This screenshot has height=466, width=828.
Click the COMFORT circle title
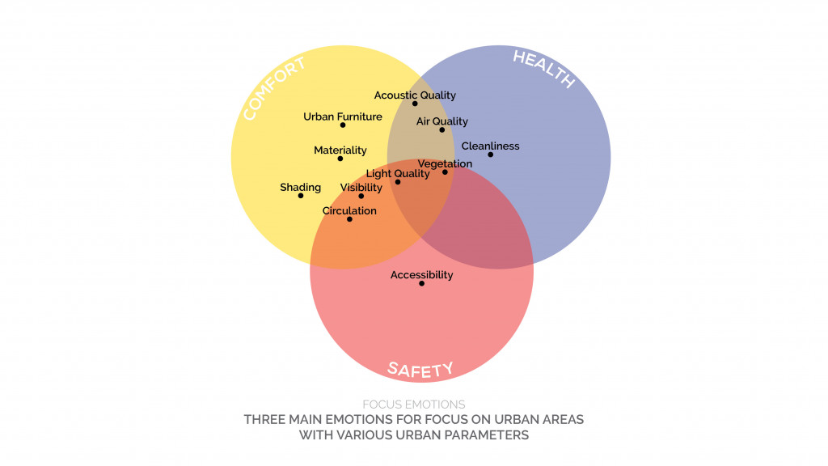pos(274,90)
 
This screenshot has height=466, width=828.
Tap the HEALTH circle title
pos(543,70)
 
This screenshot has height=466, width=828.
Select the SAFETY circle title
pos(420,371)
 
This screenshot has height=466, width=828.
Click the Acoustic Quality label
pos(415,95)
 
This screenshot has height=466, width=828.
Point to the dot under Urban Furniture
pos(343,125)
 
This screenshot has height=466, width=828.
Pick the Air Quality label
pos(441,121)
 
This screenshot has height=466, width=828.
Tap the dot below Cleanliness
pos(490,155)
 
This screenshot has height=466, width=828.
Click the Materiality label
pos(340,150)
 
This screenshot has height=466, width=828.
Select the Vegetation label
pos(445,163)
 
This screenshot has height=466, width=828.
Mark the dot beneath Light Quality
pos(397,182)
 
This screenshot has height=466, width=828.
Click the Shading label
pos(300,188)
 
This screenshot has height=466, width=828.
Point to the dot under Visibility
pos(361,196)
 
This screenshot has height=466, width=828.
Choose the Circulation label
pos(349,211)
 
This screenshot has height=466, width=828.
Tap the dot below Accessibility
pos(421,283)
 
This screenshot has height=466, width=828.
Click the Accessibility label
pos(421,275)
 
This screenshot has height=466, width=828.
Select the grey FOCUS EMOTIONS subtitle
pos(414,405)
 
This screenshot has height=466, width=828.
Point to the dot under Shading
pos(301,196)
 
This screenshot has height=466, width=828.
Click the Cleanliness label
pos(490,146)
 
